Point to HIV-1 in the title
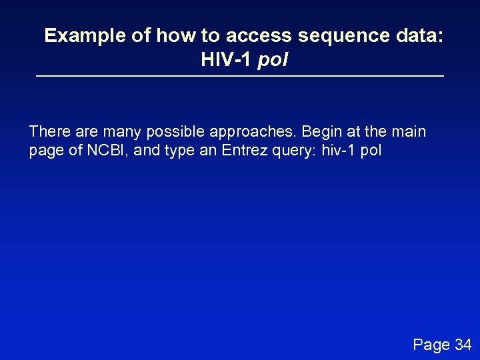(x=225, y=61)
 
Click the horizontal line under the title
(x=240, y=77)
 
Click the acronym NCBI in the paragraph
(x=108, y=151)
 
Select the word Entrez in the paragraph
(x=247, y=151)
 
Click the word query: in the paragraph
(x=296, y=151)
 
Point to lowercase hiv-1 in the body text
(x=339, y=151)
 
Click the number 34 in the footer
(x=463, y=345)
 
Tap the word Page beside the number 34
(x=431, y=345)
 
